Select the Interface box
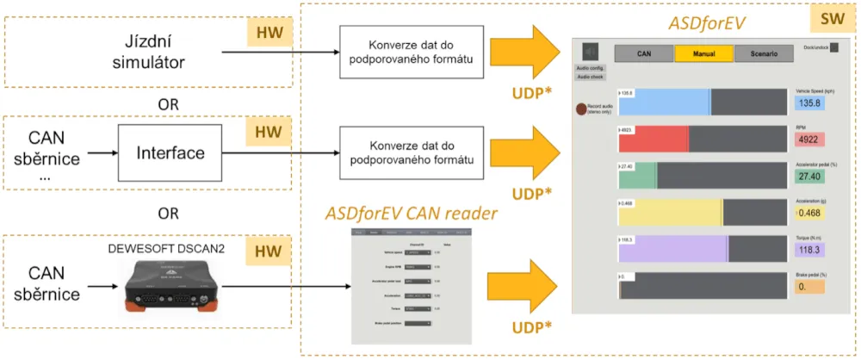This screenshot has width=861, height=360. tap(171, 153)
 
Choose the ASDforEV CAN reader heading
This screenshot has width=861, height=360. tap(411, 213)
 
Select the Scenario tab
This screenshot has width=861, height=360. tap(764, 53)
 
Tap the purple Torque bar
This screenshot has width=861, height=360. tap(672, 248)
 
